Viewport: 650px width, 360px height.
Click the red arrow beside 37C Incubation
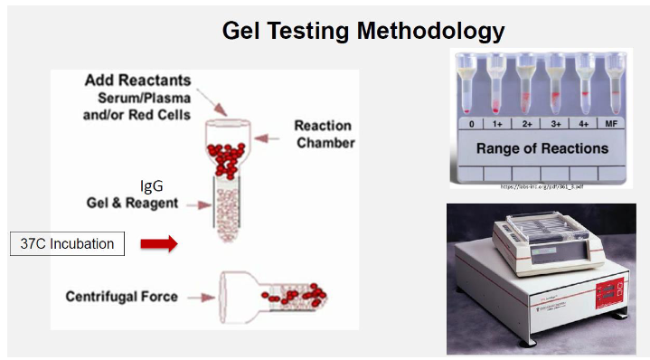(159, 242)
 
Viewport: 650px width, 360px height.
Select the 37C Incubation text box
(68, 243)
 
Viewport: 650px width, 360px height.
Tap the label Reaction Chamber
(324, 134)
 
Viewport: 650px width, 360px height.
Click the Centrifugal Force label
(121, 296)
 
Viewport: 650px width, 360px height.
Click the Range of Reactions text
(542, 147)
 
